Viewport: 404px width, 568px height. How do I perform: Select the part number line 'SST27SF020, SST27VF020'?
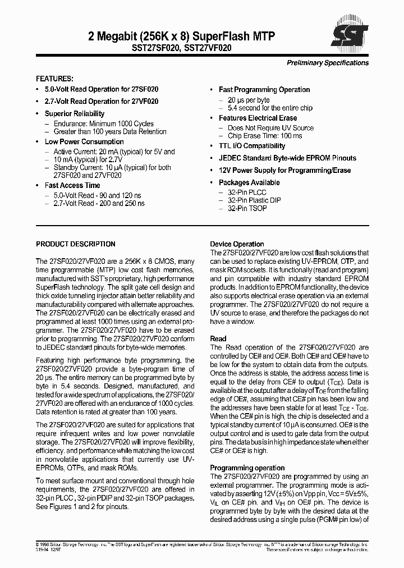(x=182, y=49)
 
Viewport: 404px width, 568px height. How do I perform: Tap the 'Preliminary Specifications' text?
(x=328, y=63)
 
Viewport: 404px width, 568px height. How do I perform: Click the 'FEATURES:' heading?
(x=54, y=79)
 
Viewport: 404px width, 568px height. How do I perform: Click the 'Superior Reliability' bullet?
(x=75, y=114)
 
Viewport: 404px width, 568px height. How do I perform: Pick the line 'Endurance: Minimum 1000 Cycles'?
(x=103, y=123)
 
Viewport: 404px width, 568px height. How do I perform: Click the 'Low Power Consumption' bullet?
(x=84, y=142)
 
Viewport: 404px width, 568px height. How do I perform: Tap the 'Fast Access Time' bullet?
(x=72, y=185)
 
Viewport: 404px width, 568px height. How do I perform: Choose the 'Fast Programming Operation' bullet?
(x=264, y=90)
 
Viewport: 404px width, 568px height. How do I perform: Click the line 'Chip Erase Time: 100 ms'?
(x=262, y=136)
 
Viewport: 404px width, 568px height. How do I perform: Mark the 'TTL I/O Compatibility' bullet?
(x=252, y=146)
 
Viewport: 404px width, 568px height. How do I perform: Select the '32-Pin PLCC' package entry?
(x=247, y=192)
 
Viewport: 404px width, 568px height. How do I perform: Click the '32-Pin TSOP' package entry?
(x=247, y=208)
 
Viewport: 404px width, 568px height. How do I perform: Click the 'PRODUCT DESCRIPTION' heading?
(x=76, y=244)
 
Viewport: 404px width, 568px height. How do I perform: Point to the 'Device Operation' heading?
(x=237, y=244)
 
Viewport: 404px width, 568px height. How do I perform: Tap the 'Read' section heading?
(x=218, y=339)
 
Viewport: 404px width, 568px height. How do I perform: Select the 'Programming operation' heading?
(x=247, y=468)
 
